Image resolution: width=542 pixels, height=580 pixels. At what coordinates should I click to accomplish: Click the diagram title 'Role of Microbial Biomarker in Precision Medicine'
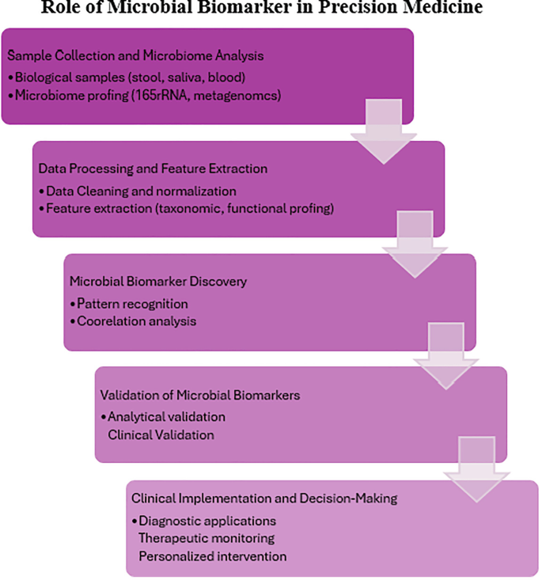coord(271,9)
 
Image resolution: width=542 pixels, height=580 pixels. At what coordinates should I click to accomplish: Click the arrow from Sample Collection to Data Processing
coord(383,131)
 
